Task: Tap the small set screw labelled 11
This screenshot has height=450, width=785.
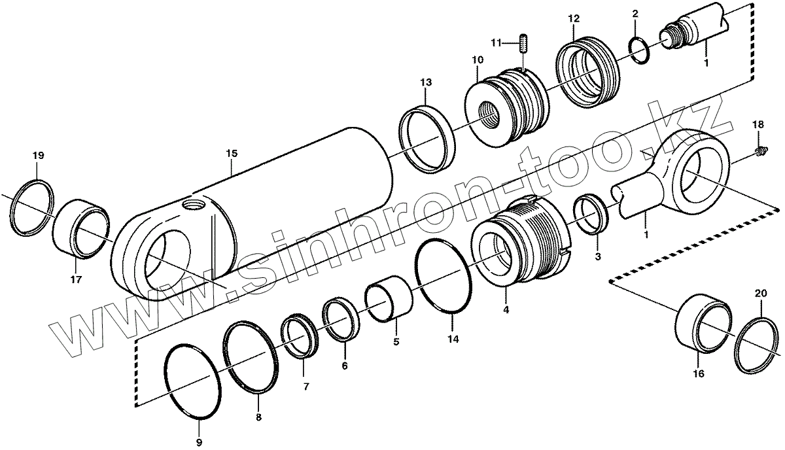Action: (524, 44)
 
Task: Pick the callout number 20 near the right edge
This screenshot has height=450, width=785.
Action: (759, 293)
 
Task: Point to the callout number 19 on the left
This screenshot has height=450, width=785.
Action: (37, 156)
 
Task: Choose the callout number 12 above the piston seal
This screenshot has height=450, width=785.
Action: (573, 18)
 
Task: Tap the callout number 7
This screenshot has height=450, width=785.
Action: (305, 386)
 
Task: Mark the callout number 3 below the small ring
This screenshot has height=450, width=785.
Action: (597, 257)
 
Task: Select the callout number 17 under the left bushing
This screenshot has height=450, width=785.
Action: (76, 280)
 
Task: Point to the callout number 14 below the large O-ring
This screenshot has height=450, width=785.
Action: (453, 339)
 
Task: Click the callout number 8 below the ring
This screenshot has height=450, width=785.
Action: (258, 417)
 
